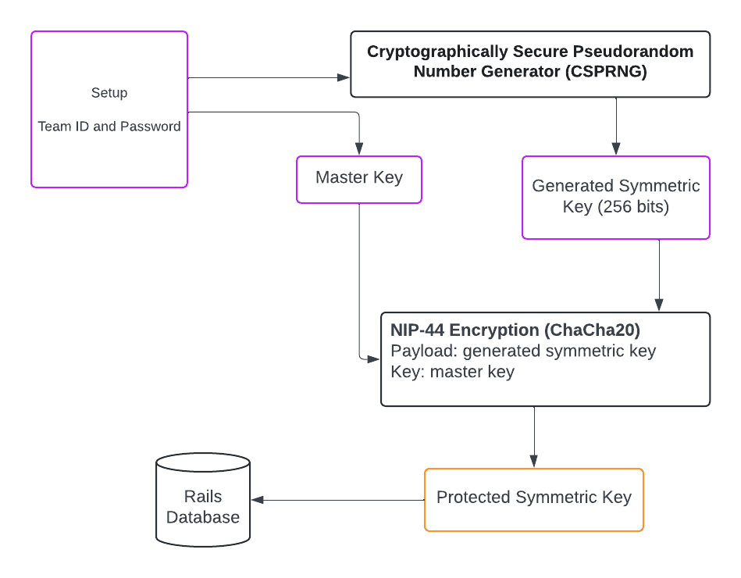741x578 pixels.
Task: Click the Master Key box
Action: (359, 178)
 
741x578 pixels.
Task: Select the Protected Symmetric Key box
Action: (533, 498)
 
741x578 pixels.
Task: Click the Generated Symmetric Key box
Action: (615, 197)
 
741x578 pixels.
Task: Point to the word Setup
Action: (109, 93)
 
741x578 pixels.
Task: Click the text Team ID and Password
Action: (109, 127)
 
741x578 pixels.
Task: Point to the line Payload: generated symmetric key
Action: (523, 351)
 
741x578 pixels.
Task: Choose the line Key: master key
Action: (452, 372)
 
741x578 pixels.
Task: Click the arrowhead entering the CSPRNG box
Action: (343, 78)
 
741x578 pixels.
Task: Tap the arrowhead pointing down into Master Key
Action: (359, 148)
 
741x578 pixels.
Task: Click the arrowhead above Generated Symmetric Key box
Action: (616, 148)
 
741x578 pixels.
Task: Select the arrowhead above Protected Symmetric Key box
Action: (534, 461)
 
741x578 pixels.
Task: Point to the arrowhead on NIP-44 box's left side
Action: (373, 359)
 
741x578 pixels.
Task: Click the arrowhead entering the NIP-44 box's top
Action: (659, 305)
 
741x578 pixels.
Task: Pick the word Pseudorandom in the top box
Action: (634, 52)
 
